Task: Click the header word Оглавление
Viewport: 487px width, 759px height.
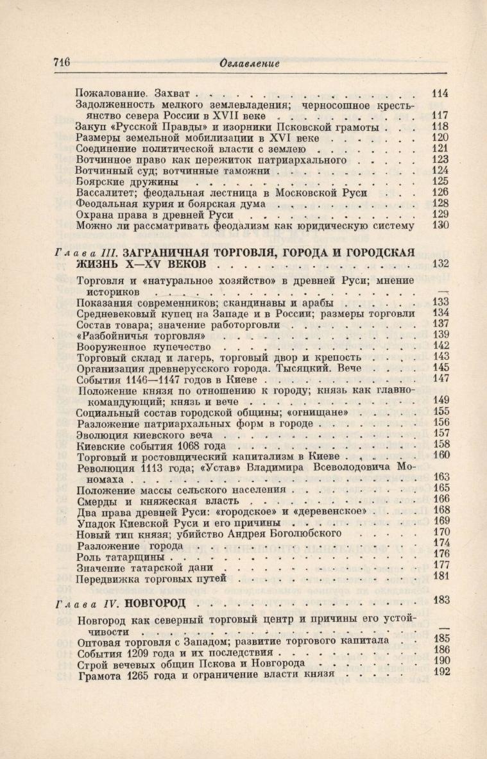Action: click(x=250, y=63)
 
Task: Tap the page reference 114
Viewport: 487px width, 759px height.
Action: click(x=440, y=93)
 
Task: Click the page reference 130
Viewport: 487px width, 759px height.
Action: click(x=440, y=226)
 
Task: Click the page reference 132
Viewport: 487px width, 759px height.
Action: click(x=440, y=263)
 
